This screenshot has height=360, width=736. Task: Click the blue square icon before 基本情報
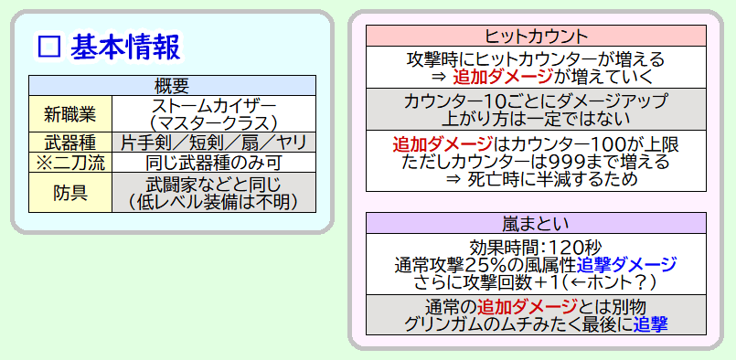pos(49,48)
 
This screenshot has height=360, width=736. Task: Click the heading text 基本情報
pos(125,48)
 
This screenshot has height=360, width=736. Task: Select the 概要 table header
pos(172,85)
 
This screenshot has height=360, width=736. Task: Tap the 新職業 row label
pos(69,114)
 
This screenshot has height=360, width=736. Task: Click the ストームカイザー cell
pos(214,114)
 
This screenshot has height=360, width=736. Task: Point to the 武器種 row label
pos(69,143)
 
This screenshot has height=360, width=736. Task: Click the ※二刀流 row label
pos(69,163)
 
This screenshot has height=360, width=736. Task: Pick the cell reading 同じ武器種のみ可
pos(214,163)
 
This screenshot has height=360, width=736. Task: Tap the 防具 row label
pos(69,193)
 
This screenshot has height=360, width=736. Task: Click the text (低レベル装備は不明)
pos(214,201)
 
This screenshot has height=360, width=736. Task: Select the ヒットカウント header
pos(536,36)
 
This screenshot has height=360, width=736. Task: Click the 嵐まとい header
pos(536,223)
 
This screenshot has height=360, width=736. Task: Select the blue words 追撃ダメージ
pos(626,265)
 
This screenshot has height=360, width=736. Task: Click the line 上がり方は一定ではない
pos(536,119)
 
